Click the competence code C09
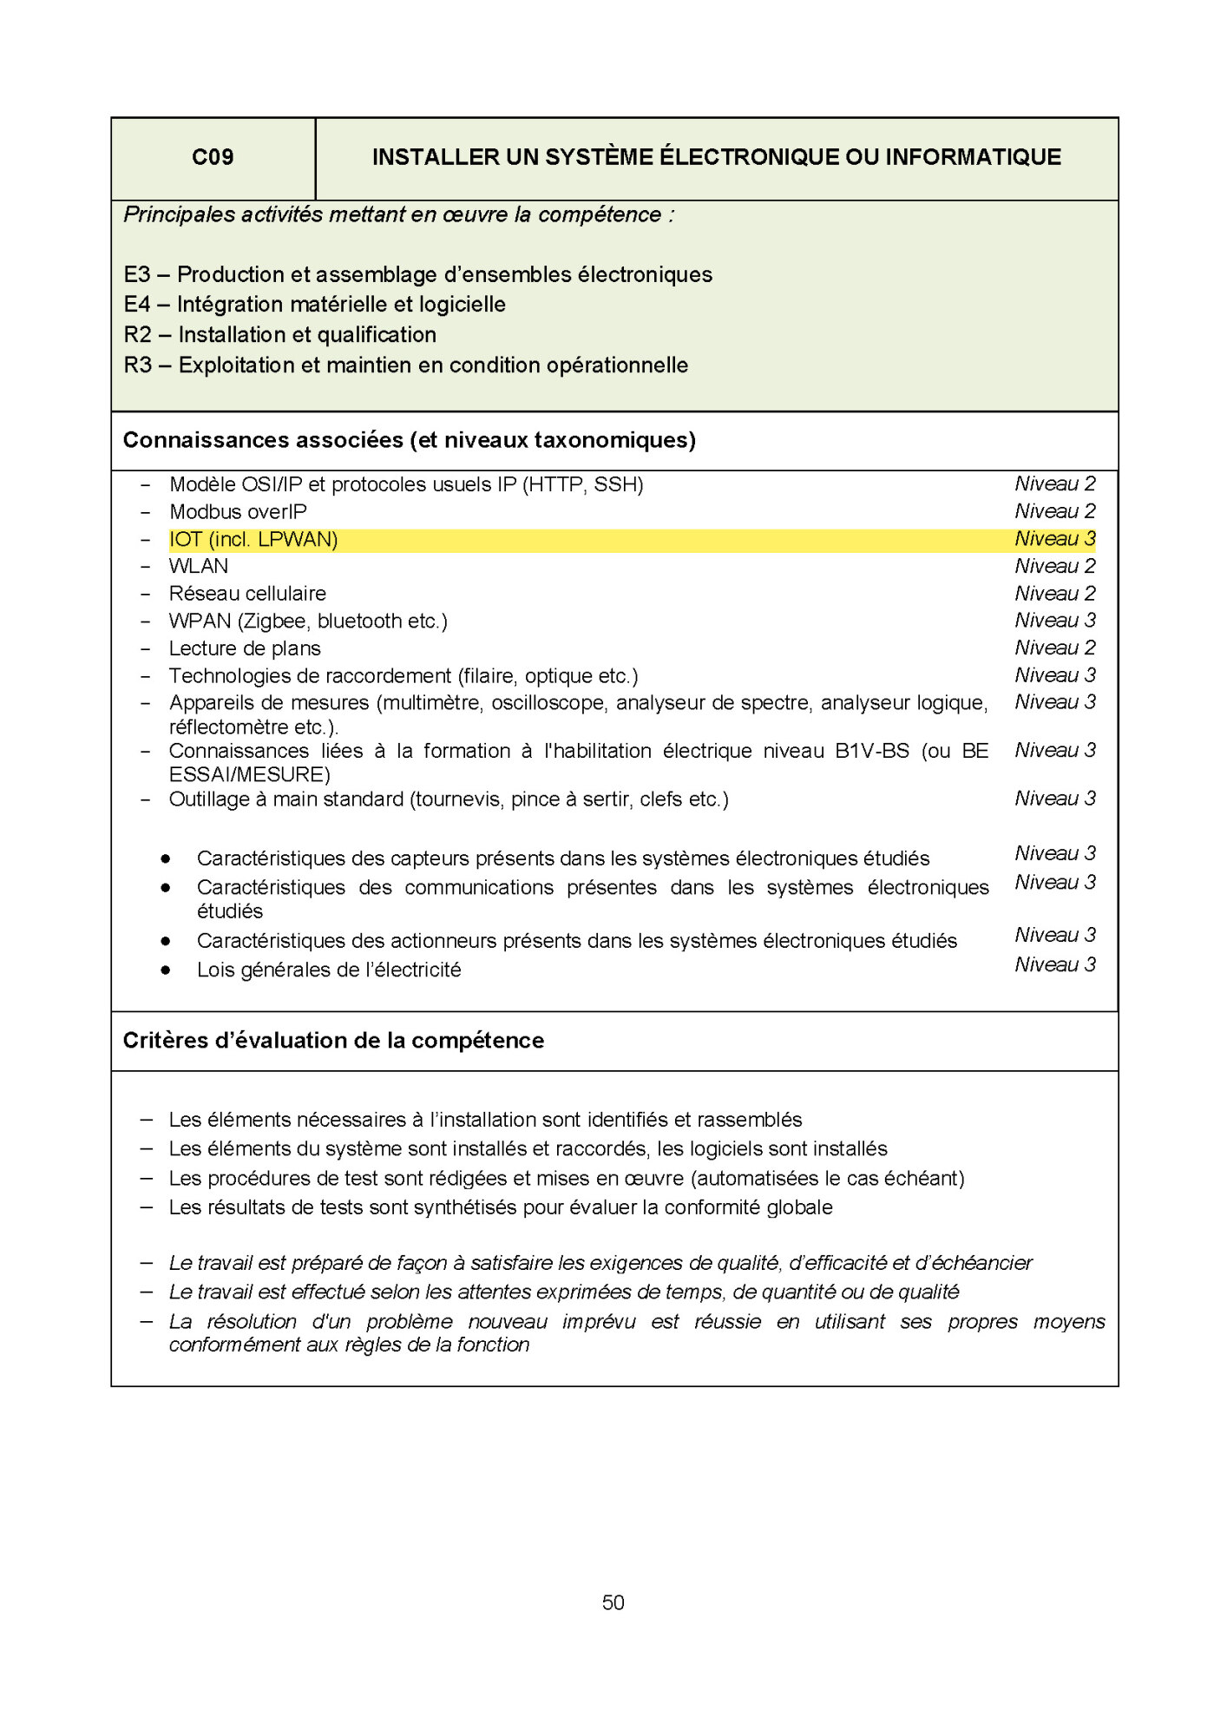click(213, 157)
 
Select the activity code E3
click(137, 275)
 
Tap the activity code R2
click(138, 335)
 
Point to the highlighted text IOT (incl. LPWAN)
click(253, 540)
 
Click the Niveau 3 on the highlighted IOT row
click(1054, 539)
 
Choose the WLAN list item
click(199, 567)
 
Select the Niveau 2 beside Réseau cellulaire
click(1054, 594)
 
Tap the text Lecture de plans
click(245, 649)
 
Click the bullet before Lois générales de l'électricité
click(166, 970)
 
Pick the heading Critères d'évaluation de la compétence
click(333, 1041)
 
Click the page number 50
click(613, 1602)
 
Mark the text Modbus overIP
click(238, 512)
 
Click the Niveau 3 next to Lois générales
click(1054, 965)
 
